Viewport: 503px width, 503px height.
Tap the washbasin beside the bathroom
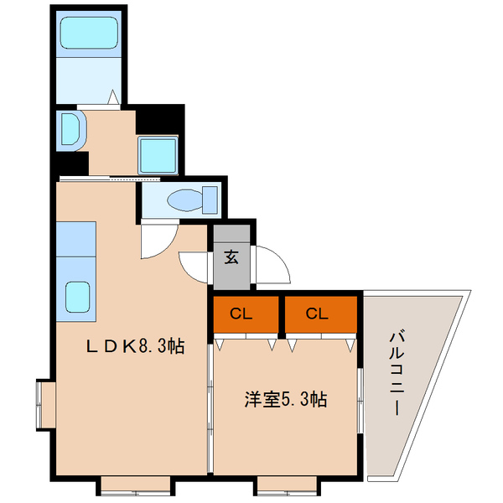(70, 130)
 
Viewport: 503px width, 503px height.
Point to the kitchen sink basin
(78, 296)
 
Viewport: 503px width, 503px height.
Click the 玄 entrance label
(231, 257)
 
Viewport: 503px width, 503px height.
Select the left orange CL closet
(243, 314)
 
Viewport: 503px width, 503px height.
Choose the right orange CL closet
(316, 314)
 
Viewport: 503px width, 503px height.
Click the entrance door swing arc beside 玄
(273, 267)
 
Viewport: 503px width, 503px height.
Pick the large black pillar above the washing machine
(159, 118)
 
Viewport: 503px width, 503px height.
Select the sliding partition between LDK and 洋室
(209, 386)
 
